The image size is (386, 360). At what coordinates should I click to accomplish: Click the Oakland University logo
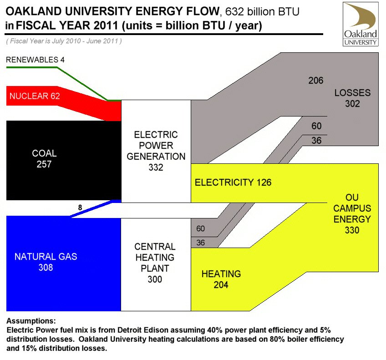point(361,24)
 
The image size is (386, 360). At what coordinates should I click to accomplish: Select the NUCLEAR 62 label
point(35,96)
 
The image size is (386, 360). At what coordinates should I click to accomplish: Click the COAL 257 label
point(44,159)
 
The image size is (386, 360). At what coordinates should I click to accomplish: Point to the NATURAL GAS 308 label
point(46,262)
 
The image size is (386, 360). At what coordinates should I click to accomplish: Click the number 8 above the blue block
point(80,208)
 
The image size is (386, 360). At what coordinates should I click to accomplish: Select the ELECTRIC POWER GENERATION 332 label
point(156,151)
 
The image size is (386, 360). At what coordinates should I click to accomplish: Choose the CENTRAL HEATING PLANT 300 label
point(155,263)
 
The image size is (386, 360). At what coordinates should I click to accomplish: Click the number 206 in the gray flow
point(315,81)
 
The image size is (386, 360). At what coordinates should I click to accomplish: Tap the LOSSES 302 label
point(352,98)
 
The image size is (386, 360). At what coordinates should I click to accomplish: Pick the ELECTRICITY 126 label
point(233,183)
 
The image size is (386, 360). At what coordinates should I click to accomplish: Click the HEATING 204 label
point(221,279)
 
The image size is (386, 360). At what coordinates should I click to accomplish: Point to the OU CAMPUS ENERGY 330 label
point(352,214)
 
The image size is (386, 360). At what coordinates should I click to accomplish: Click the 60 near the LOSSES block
point(316,126)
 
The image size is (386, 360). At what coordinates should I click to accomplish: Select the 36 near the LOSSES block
point(316,141)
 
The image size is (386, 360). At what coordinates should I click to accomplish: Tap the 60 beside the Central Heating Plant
point(200,228)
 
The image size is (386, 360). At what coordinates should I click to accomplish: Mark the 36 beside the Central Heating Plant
point(200,243)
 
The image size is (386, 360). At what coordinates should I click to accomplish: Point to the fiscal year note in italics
point(64,41)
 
